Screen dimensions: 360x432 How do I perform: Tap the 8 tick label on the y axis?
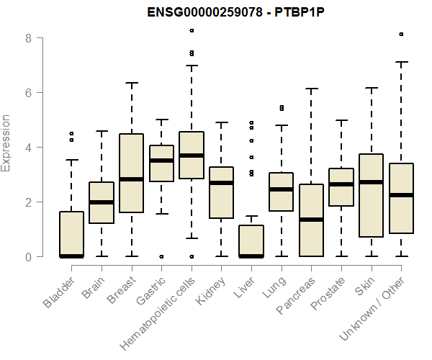tap(28, 37)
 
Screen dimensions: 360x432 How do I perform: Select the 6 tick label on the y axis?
tap(28, 92)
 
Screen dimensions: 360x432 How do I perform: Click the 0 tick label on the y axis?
tap(28, 256)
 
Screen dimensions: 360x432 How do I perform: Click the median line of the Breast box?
tap(131, 179)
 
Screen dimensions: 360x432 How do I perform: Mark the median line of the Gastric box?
tap(161, 161)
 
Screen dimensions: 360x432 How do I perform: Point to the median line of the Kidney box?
tap(221, 183)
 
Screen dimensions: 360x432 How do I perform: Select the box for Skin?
tap(372, 196)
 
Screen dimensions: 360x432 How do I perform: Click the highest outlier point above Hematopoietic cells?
tap(192, 30)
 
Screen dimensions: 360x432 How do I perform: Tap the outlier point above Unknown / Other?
tap(401, 34)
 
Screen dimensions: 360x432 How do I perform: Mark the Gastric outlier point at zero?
tap(161, 256)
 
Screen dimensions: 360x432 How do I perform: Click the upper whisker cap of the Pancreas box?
tap(311, 89)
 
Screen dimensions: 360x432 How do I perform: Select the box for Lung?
tap(281, 192)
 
